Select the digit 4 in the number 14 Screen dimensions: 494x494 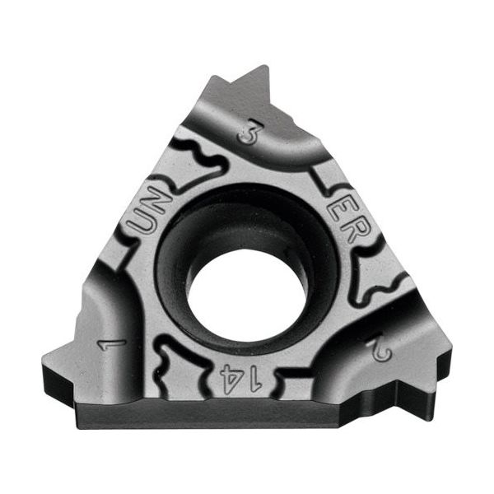click(231, 378)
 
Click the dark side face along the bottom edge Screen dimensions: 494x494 click(247, 416)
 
